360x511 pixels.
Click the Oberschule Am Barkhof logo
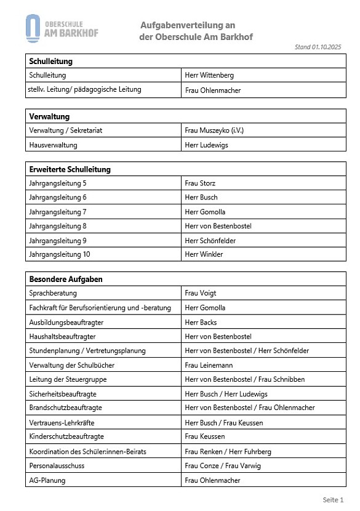click(62, 28)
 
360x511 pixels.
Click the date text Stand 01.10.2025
click(318, 47)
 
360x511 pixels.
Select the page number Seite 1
click(333, 499)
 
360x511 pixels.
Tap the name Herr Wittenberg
click(209, 76)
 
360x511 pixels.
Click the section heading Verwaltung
click(49, 116)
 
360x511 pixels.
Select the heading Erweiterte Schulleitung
click(70, 169)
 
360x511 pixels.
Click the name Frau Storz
click(200, 183)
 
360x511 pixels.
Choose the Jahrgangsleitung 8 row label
click(58, 226)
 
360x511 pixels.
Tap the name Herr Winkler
click(204, 254)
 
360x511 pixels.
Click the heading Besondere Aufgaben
click(66, 279)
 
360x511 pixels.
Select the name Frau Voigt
click(201, 293)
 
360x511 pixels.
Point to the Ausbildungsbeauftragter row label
click(66, 322)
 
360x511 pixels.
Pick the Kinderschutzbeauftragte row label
click(66, 437)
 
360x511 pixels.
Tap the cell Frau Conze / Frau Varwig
click(222, 465)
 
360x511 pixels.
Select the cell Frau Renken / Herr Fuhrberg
click(228, 451)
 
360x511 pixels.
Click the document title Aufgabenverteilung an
click(188, 25)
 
